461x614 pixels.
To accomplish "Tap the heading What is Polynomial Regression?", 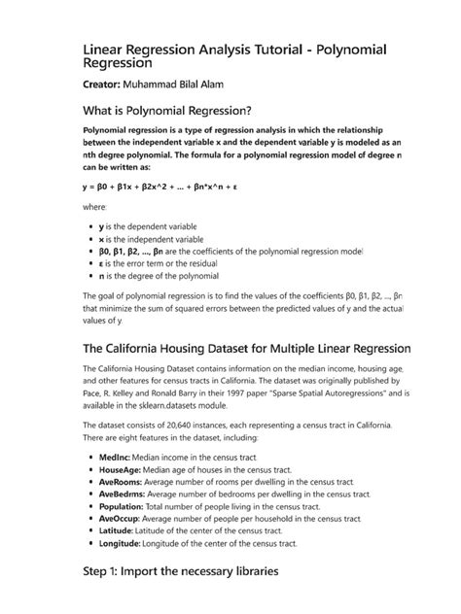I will [173, 110].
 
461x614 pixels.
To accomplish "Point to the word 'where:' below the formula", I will [94, 207].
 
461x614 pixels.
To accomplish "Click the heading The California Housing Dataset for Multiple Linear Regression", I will [247, 348].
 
